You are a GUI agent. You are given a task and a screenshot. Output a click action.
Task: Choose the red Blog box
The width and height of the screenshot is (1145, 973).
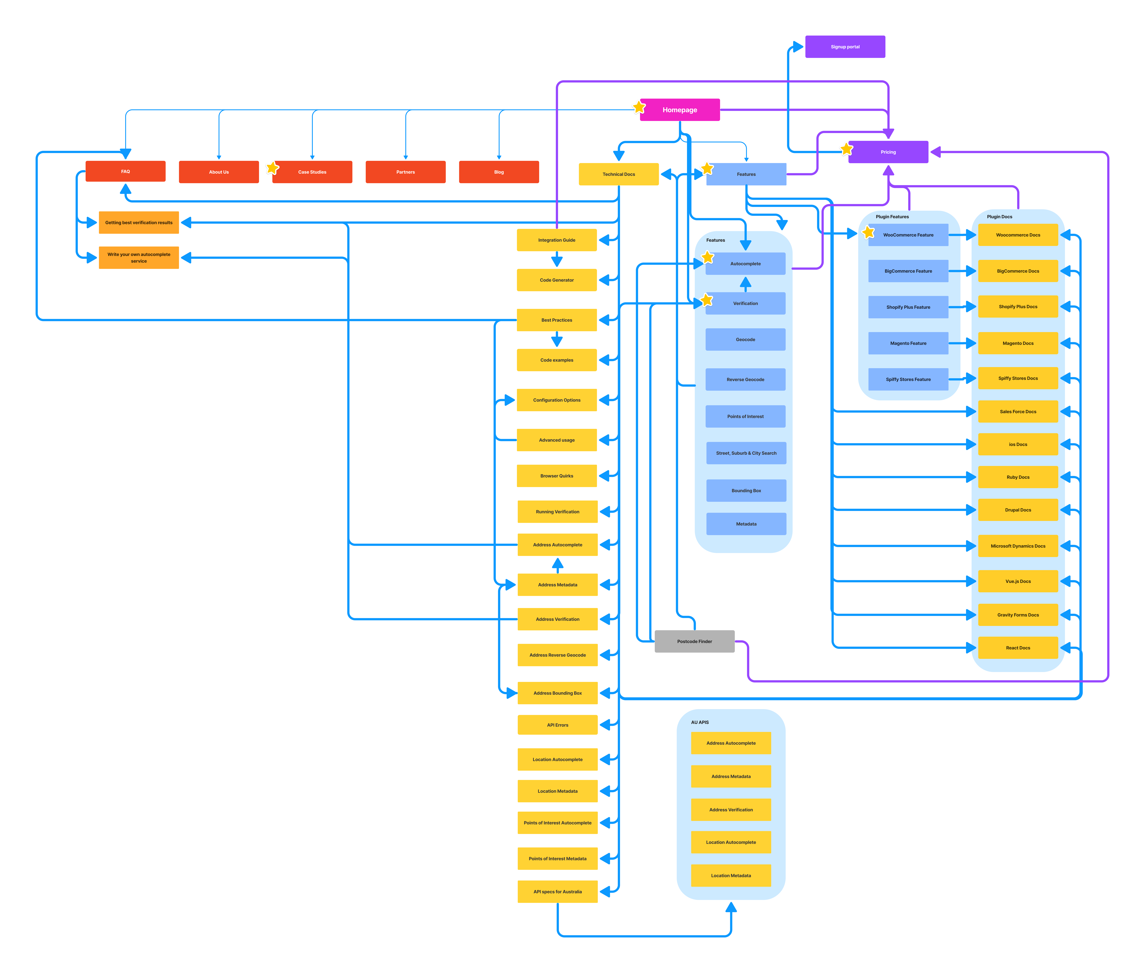pyautogui.click(x=499, y=172)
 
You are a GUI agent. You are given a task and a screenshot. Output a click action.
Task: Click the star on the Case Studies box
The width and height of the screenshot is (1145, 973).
pyautogui.click(x=273, y=168)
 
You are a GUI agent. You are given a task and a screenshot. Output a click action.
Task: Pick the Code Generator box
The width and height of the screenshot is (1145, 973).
pyautogui.click(x=557, y=280)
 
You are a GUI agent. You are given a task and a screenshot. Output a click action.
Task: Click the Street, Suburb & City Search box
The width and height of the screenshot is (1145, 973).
pyautogui.click(x=746, y=453)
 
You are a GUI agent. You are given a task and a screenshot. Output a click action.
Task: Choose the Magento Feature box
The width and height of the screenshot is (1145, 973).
pyautogui.click(x=908, y=343)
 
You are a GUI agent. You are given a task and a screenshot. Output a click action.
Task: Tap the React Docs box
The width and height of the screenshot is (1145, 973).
pyautogui.click(x=1018, y=648)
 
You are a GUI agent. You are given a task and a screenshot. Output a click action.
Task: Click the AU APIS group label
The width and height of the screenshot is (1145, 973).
pyautogui.click(x=700, y=722)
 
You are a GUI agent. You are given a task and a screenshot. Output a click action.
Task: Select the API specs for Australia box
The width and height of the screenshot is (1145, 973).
pyautogui.click(x=557, y=891)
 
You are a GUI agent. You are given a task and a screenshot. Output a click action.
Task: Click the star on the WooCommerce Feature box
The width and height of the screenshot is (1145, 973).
pyautogui.click(x=868, y=232)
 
